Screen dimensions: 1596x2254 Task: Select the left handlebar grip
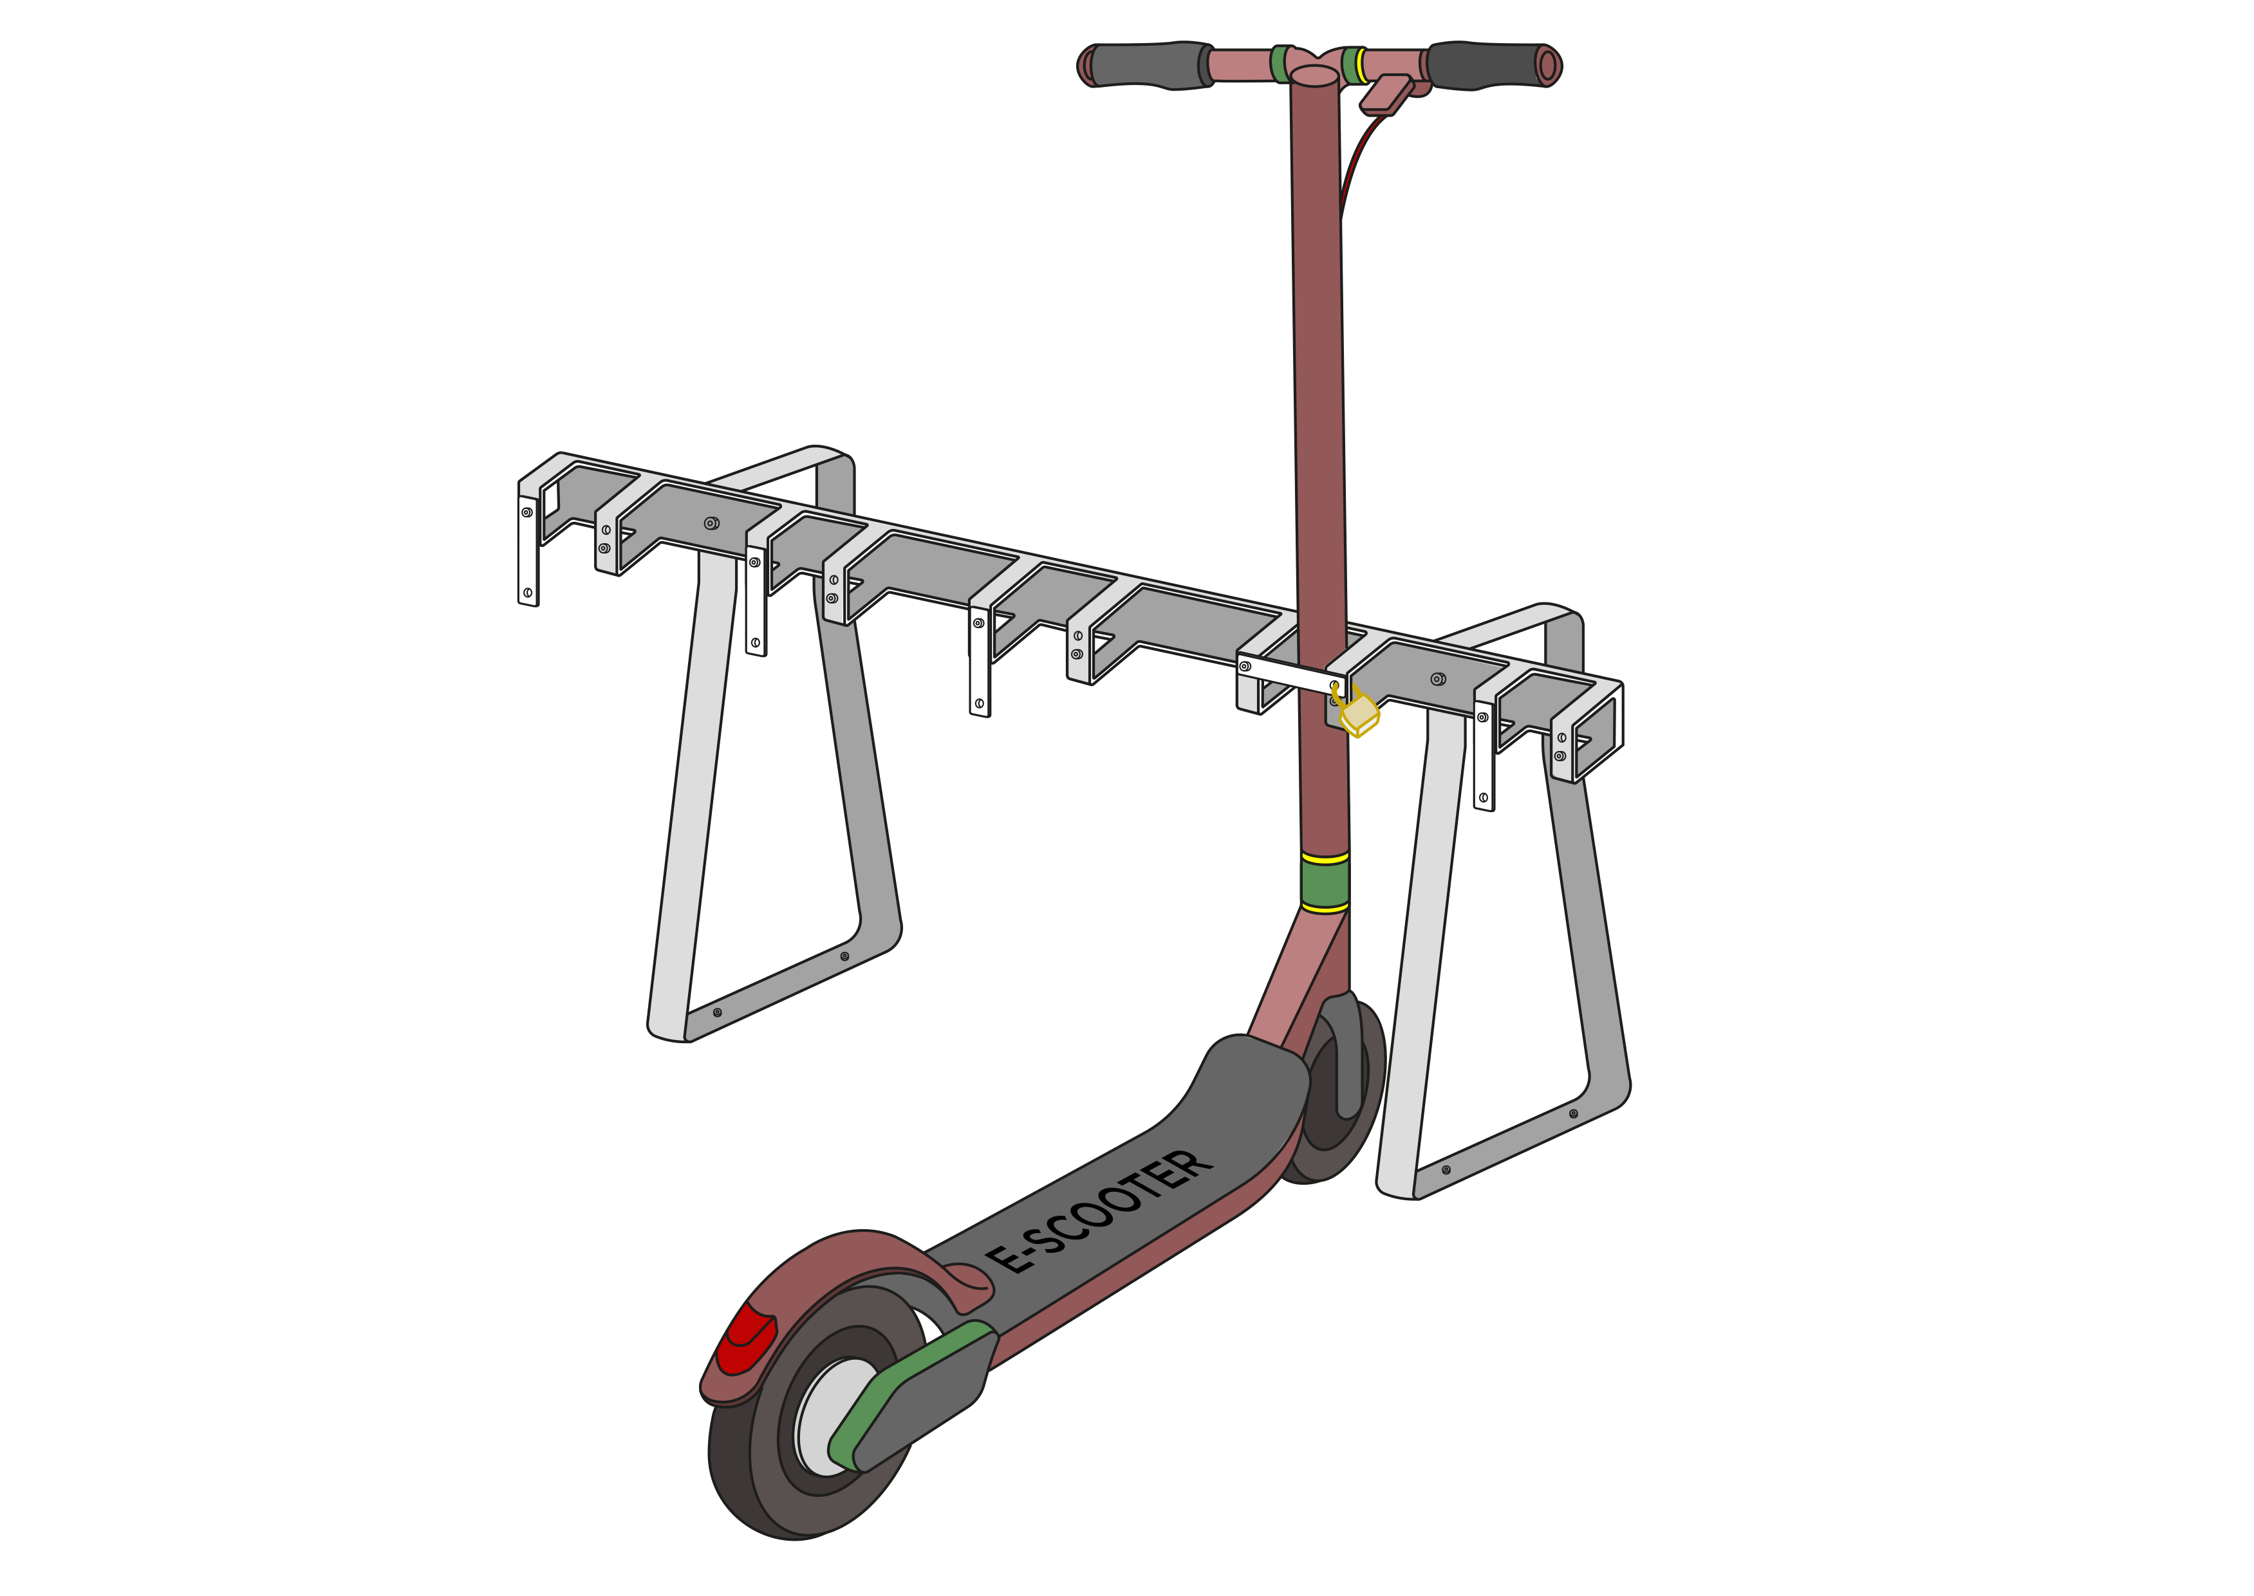[1144, 65]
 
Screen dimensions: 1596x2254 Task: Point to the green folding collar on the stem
[1324, 882]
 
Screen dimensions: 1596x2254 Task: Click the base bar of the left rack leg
[787, 992]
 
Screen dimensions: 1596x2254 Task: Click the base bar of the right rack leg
[1514, 1150]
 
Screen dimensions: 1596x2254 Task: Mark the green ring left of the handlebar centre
[1280, 64]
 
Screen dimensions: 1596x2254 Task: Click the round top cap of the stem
[1314, 77]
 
